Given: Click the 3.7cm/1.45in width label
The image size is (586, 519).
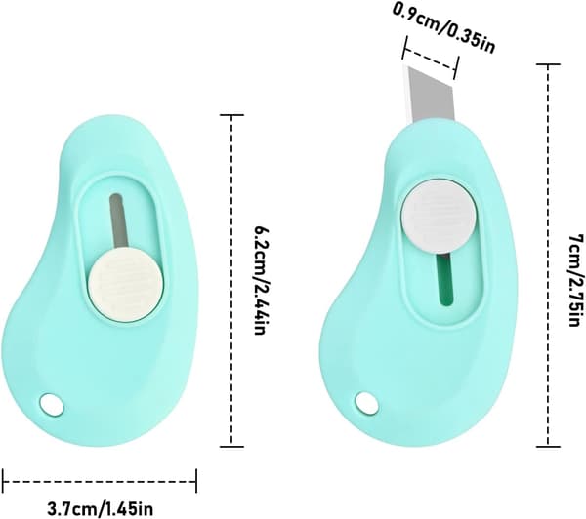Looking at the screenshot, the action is tap(100, 508).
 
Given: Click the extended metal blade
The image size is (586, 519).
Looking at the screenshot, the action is tap(429, 97).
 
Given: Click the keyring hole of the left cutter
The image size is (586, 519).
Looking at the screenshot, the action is tap(52, 404).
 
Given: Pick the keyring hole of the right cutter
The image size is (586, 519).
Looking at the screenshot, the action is tap(366, 403).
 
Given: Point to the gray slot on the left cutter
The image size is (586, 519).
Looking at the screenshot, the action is tap(118, 221).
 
